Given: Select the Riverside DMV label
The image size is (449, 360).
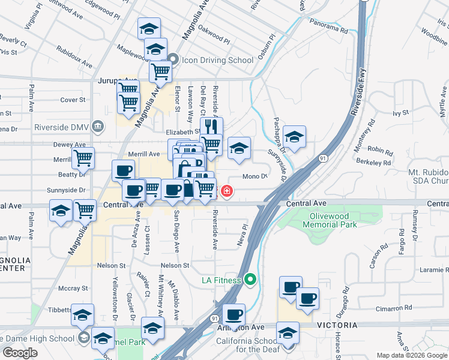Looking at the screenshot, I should click(x=67, y=127).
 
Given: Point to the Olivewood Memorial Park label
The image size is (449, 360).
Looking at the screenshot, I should click(x=330, y=220).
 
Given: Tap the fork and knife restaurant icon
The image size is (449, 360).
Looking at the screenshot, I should click(x=211, y=127).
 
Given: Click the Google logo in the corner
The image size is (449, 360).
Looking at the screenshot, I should click(x=20, y=353).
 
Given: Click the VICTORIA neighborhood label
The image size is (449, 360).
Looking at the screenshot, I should click(x=333, y=326).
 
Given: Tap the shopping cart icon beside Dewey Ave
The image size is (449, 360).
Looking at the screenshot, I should click(x=83, y=158).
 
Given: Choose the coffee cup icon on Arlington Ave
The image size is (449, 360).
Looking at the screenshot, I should click(x=234, y=314).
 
